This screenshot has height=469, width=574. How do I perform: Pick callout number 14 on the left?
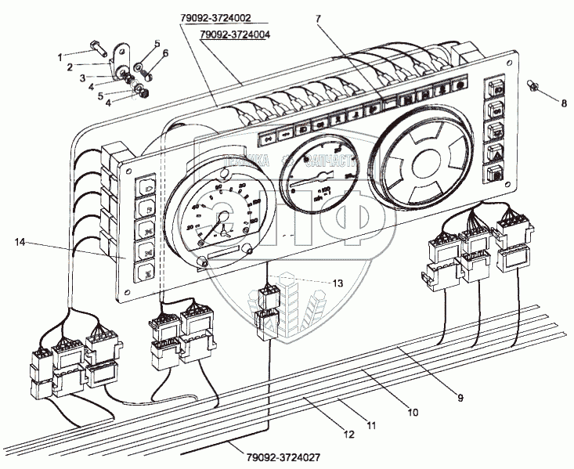(19, 244)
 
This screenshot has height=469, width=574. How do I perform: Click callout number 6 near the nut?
(165, 52)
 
